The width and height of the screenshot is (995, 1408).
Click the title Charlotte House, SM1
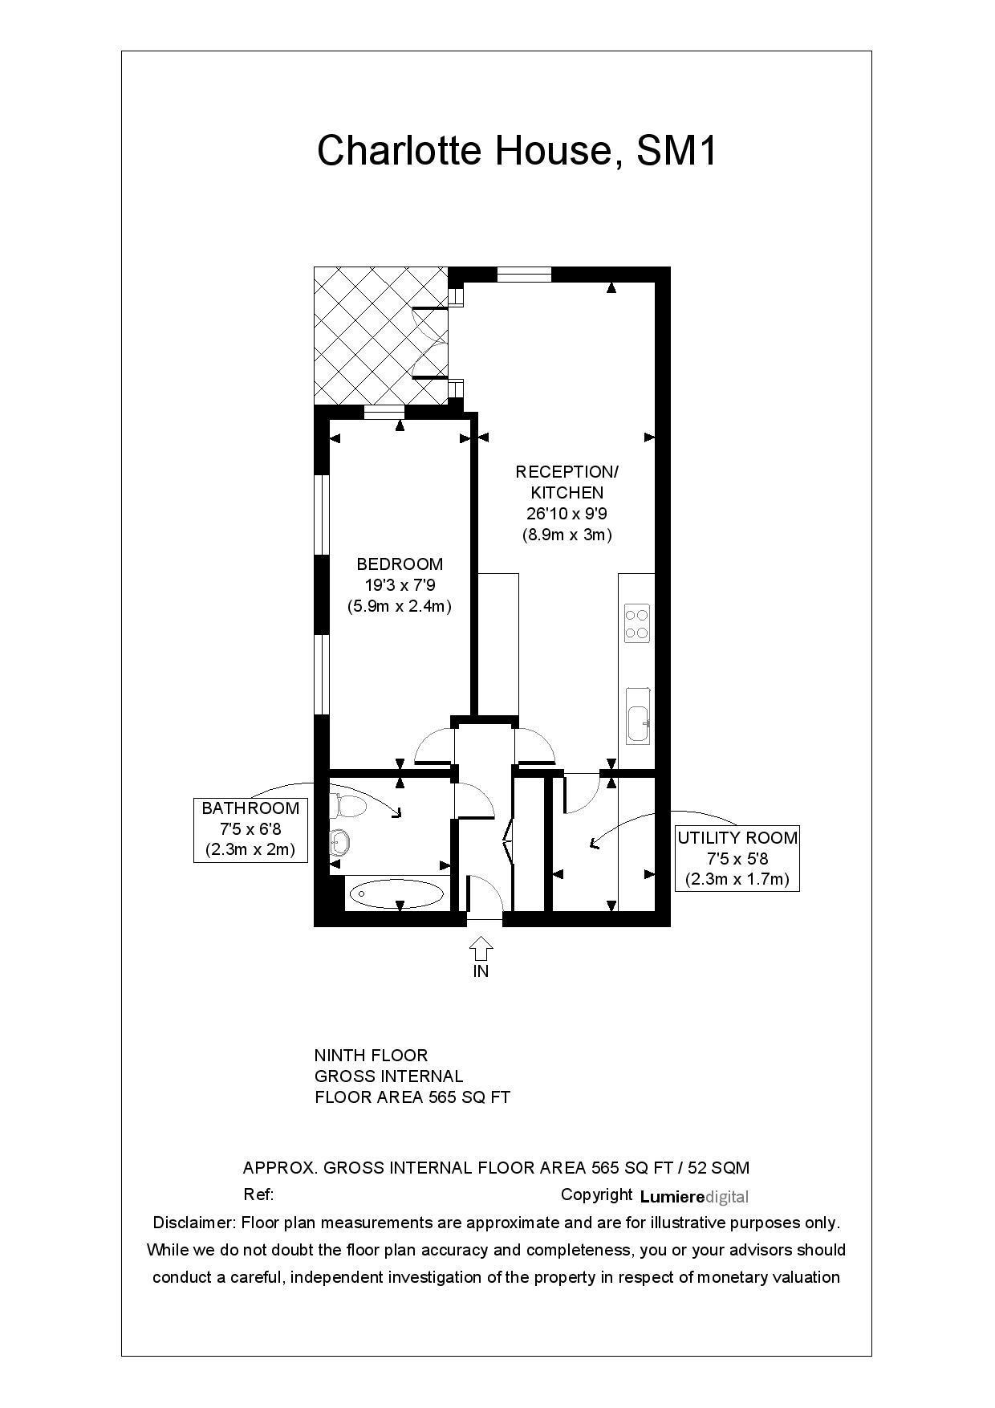[517, 150]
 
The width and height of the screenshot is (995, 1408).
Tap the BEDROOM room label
[400, 564]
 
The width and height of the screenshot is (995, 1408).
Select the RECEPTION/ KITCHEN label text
[567, 482]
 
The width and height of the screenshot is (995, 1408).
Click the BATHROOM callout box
[250, 829]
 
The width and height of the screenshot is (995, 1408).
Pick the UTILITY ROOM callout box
[737, 858]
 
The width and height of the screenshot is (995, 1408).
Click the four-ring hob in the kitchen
[636, 625]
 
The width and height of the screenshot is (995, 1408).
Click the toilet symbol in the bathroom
[347, 804]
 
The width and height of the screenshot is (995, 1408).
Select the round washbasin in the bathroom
[339, 842]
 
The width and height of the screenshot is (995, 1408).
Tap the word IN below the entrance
[481, 971]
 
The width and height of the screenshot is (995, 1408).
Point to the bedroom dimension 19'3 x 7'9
[400, 585]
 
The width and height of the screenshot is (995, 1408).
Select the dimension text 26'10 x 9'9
[567, 514]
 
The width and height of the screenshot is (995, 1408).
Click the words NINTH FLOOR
[371, 1056]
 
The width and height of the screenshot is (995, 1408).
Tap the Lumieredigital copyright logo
[694, 1197]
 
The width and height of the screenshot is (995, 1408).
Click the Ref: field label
[258, 1194]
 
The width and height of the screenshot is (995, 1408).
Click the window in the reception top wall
[524, 275]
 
